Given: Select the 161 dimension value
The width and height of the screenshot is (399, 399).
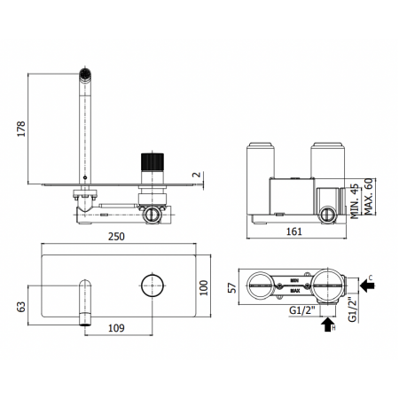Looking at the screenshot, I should pyautogui.click(x=293, y=231).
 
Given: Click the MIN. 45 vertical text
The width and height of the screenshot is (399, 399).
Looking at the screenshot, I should pyautogui.click(x=354, y=196).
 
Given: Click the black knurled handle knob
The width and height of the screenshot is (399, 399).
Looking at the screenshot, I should pyautogui.click(x=151, y=166).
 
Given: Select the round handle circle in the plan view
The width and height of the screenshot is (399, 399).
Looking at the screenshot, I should pyautogui.click(x=153, y=286).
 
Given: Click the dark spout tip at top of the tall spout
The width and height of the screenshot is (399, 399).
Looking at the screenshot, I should pyautogui.click(x=85, y=74).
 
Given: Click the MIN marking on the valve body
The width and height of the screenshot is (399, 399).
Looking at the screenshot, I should pyautogui.click(x=293, y=281).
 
